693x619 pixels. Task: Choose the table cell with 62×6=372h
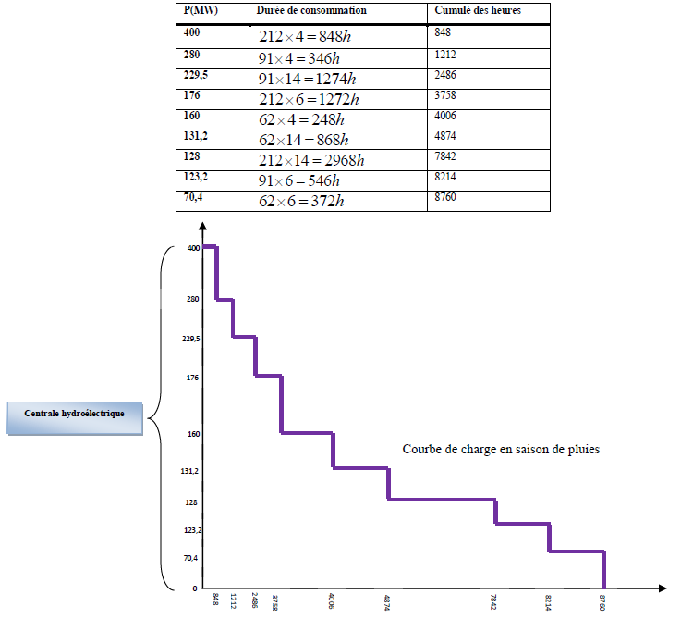pos(302,201)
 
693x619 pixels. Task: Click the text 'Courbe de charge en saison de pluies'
pos(501,450)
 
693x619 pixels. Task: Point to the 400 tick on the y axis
pos(193,248)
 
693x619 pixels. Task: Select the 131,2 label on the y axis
pos(190,471)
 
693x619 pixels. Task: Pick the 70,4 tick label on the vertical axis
pos(190,558)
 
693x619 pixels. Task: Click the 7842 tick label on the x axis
pos(496,601)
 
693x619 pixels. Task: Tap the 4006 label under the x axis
pos(332,601)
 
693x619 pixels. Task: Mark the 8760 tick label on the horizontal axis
pos(603,601)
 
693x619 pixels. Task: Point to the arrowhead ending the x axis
pos(663,588)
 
